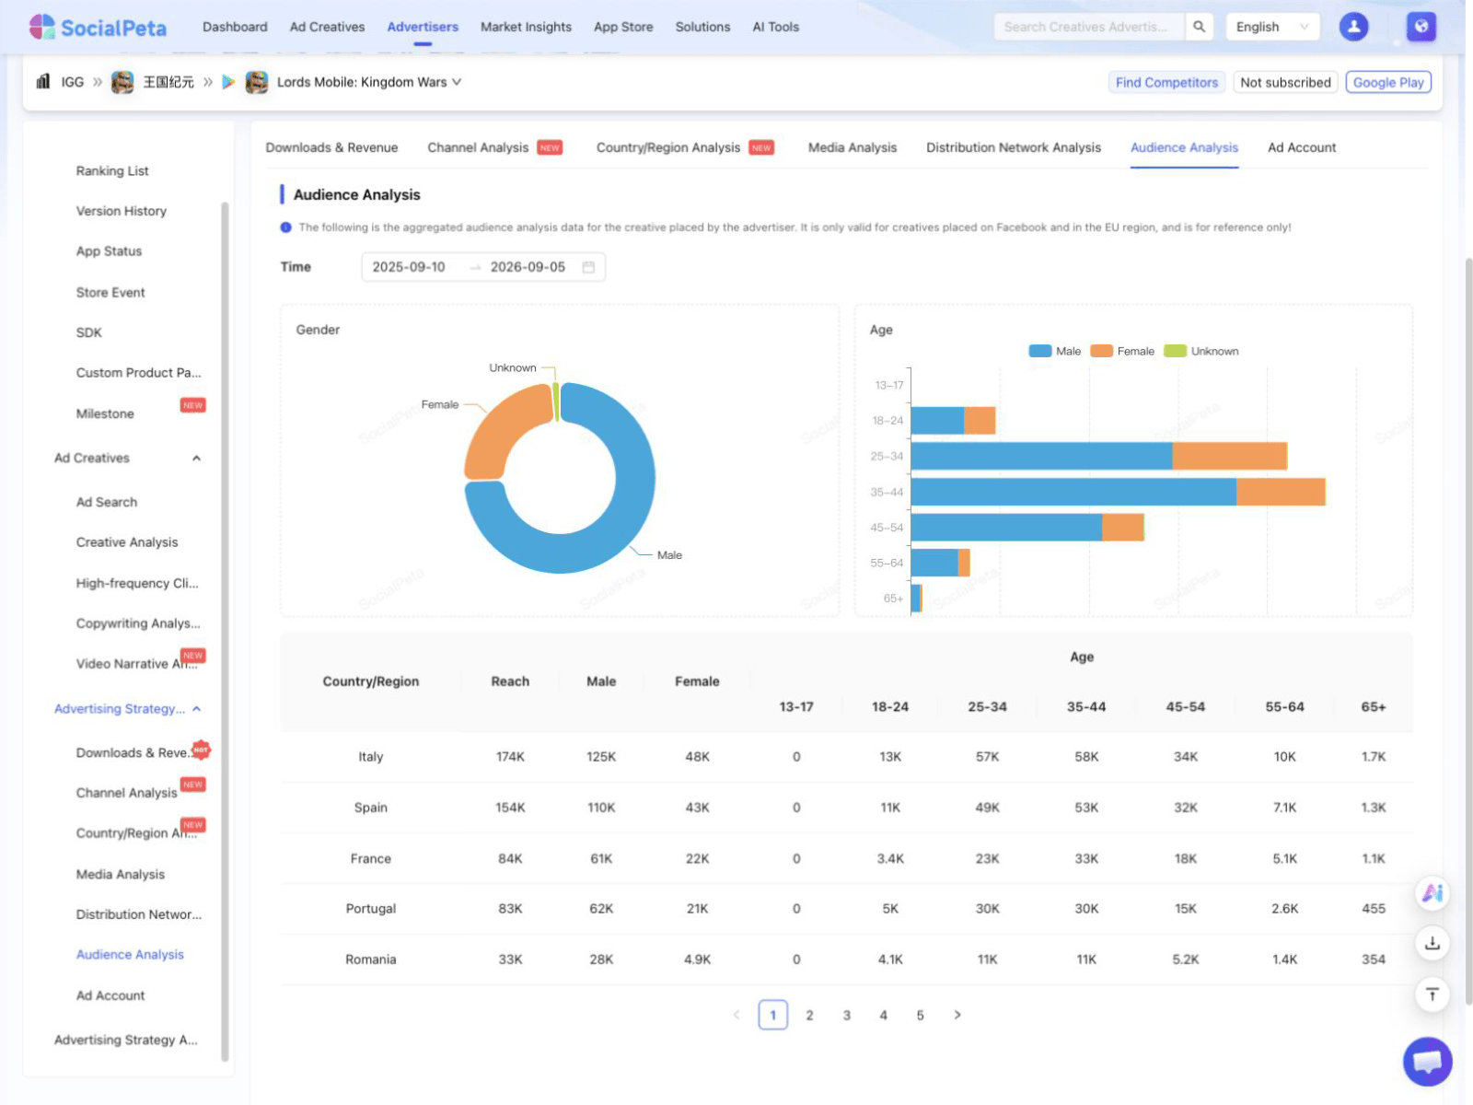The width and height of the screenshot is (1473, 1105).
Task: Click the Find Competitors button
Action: [x=1166, y=82]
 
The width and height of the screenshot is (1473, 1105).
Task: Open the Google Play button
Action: [x=1387, y=82]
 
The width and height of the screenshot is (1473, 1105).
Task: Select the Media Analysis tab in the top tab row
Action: [x=852, y=147]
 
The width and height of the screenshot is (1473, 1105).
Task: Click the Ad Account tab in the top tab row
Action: [x=1301, y=147]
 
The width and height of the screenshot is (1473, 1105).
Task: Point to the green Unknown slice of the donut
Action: [x=556, y=401]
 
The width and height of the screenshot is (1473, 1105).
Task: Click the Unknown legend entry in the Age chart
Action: [x=1200, y=351]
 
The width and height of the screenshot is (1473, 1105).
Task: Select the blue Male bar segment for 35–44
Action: [x=1073, y=492]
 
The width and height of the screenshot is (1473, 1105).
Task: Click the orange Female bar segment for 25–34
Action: [x=1229, y=456]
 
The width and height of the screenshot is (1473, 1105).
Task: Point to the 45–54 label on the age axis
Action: [x=886, y=528]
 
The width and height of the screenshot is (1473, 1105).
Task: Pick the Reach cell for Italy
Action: [x=510, y=756]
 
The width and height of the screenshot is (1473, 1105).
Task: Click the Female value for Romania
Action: [x=697, y=959]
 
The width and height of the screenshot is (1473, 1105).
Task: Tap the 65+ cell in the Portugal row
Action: [x=1373, y=908]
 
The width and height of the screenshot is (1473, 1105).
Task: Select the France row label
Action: [x=370, y=858]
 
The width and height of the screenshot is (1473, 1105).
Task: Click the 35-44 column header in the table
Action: [x=1085, y=706]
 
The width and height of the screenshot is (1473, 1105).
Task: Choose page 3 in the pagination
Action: [x=846, y=1015]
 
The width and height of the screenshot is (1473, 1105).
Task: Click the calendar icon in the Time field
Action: [x=588, y=267]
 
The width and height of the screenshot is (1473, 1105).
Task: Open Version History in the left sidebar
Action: [x=121, y=211]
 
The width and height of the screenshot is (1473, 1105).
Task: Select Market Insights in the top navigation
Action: [x=526, y=27]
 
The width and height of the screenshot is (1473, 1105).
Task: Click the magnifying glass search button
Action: [x=1199, y=27]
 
